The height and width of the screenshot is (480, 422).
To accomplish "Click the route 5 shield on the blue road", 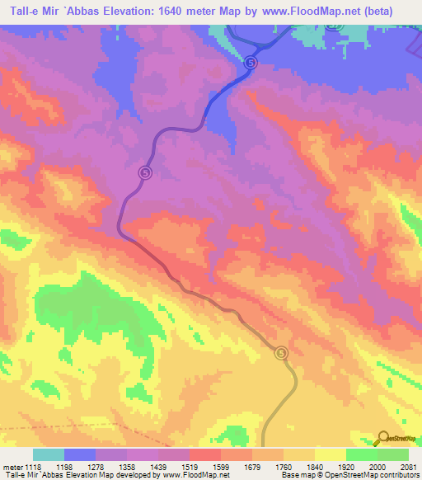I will [x=251, y=62].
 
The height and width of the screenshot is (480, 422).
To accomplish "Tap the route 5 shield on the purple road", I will [x=145, y=172].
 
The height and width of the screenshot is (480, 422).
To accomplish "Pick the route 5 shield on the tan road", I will [x=282, y=352].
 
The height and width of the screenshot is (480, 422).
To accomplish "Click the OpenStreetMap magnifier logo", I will [x=383, y=438].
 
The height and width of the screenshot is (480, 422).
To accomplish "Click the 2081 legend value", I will [x=407, y=466].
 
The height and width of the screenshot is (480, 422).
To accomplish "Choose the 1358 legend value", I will [x=126, y=466].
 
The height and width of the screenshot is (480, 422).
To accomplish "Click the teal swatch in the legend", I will [x=49, y=454].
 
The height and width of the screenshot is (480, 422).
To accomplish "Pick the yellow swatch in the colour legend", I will [x=330, y=454].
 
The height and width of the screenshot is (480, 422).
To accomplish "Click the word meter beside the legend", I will [x=10, y=466].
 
